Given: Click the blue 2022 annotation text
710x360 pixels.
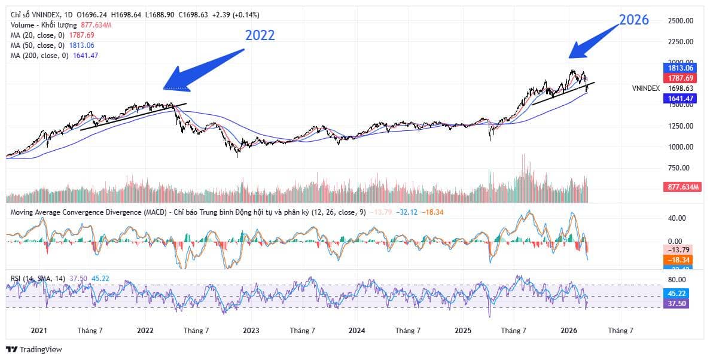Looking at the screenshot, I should [x=260, y=35].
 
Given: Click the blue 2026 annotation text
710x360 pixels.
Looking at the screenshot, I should [x=634, y=20].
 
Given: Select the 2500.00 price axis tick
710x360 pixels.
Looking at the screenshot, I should [x=680, y=21].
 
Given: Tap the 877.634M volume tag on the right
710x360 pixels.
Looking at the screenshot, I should [x=683, y=187].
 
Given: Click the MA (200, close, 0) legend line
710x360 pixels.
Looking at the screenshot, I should [x=54, y=56].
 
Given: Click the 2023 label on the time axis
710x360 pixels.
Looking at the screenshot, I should [x=251, y=330].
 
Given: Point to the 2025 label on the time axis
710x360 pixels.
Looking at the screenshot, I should [x=463, y=330].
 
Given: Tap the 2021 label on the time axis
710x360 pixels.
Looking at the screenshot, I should [x=39, y=330].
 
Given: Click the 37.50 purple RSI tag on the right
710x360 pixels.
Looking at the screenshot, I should [x=681, y=304].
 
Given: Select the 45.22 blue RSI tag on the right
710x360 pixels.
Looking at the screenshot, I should [x=681, y=294].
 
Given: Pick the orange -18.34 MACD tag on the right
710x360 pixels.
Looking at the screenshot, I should [x=681, y=260].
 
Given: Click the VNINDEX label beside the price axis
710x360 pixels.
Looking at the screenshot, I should [x=646, y=88].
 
